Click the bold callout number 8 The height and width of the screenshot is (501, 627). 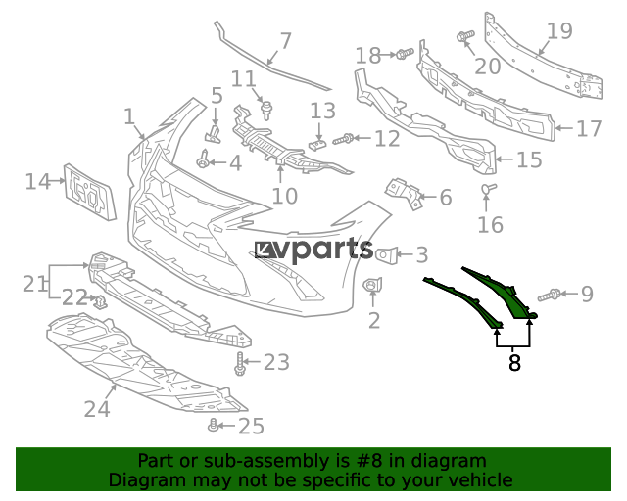(x=514, y=363)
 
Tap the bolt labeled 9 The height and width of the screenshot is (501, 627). (x=549, y=296)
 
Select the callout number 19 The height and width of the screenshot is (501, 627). (x=559, y=30)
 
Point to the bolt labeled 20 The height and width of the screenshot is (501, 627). (x=465, y=36)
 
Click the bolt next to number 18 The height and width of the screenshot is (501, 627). (x=405, y=54)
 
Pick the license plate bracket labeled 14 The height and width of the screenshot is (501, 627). (x=89, y=192)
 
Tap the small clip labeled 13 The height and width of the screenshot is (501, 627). (x=317, y=143)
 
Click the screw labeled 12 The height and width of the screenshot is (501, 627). (x=343, y=139)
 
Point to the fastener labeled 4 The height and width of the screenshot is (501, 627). (x=203, y=159)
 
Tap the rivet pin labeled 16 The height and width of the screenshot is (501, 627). (x=489, y=188)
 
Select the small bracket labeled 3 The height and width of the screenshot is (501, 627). (x=387, y=255)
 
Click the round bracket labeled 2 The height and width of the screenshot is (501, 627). (x=372, y=285)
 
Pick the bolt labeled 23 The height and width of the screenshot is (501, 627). (x=240, y=364)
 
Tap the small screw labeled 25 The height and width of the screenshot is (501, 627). (x=214, y=425)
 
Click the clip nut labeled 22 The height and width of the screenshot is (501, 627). (x=101, y=301)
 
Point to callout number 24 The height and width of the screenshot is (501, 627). (x=97, y=408)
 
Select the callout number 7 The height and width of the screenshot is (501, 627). (x=286, y=41)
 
